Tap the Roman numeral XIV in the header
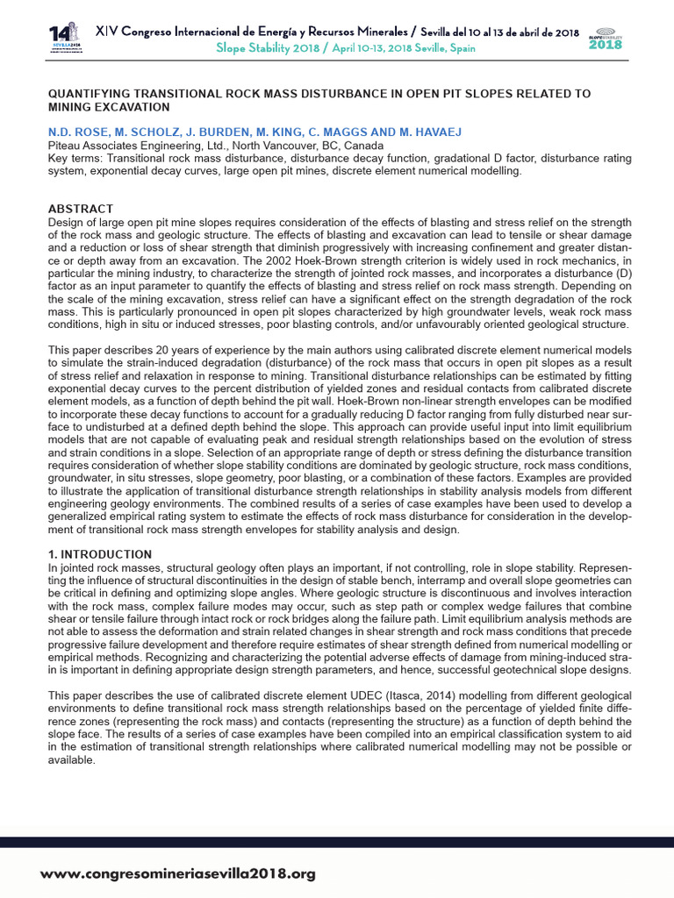point(106,32)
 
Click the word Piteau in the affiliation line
point(66,146)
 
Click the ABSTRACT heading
point(80,209)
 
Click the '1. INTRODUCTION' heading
point(99,554)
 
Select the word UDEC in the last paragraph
point(324,695)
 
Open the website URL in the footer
point(178,874)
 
